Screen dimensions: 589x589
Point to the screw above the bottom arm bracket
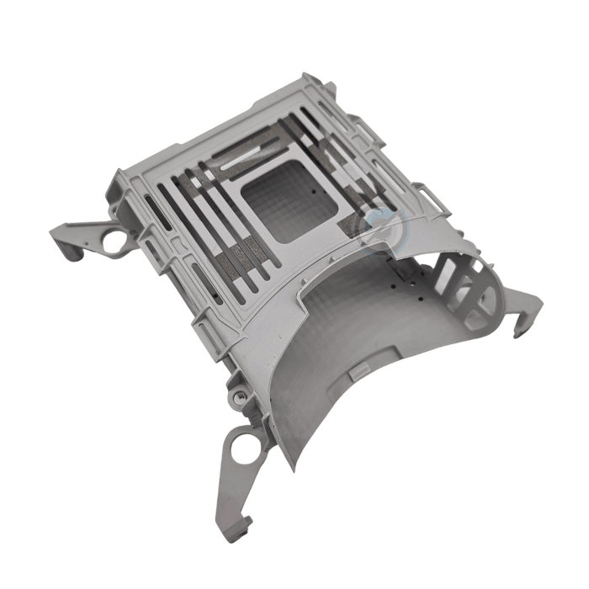239,395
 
